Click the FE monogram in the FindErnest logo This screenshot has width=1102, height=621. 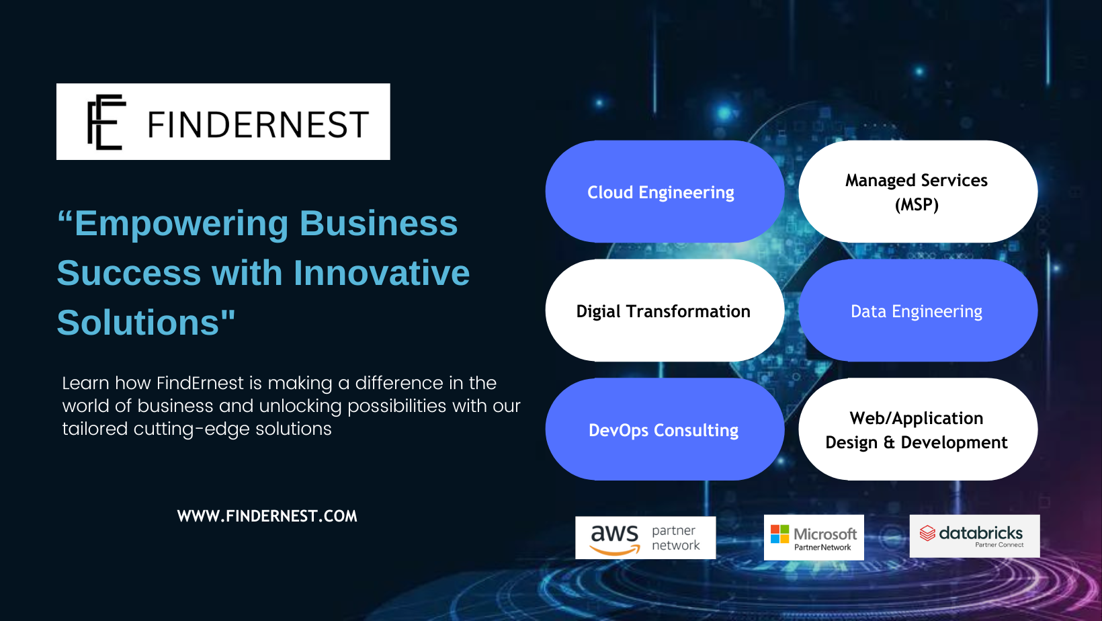click(107, 122)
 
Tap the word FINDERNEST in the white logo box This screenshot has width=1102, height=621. click(258, 124)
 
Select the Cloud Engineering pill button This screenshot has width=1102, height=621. click(665, 192)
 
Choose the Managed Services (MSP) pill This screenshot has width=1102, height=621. click(918, 192)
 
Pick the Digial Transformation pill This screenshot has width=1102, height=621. click(665, 310)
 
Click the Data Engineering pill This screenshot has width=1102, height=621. click(918, 310)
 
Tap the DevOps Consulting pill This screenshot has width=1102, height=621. click(665, 429)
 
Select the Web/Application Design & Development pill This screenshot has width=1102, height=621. click(918, 429)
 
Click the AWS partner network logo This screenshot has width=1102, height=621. click(646, 538)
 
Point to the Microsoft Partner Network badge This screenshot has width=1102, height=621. click(814, 538)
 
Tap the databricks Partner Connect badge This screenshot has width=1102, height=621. click(974, 536)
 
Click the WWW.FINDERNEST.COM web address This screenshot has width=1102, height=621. click(267, 515)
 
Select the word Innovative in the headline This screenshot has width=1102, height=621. click(381, 273)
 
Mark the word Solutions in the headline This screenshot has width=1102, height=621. click(138, 323)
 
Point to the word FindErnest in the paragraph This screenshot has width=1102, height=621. click(200, 383)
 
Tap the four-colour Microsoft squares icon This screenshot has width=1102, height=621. click(779, 534)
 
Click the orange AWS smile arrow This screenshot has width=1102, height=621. click(615, 550)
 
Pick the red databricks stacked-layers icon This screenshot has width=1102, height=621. click(927, 533)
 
